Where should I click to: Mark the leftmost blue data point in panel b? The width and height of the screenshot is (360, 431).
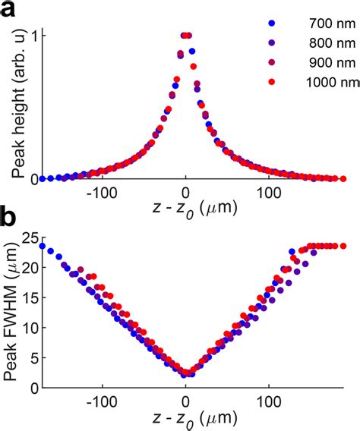pyautogui.click(x=42, y=246)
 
